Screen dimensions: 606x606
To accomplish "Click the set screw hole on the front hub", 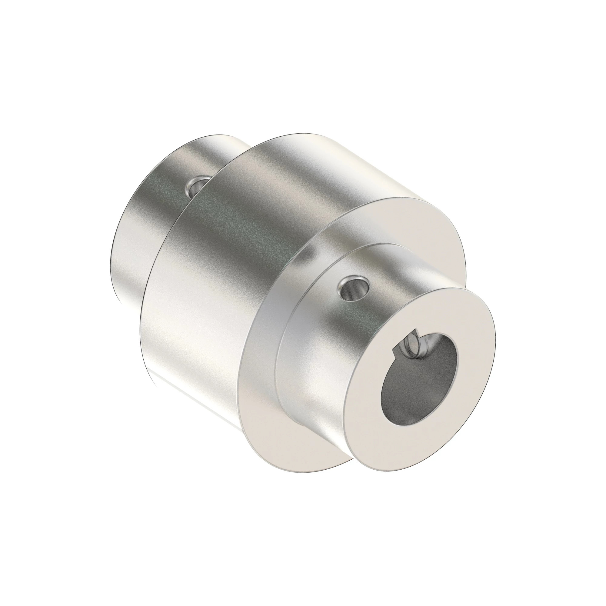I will (354, 288).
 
